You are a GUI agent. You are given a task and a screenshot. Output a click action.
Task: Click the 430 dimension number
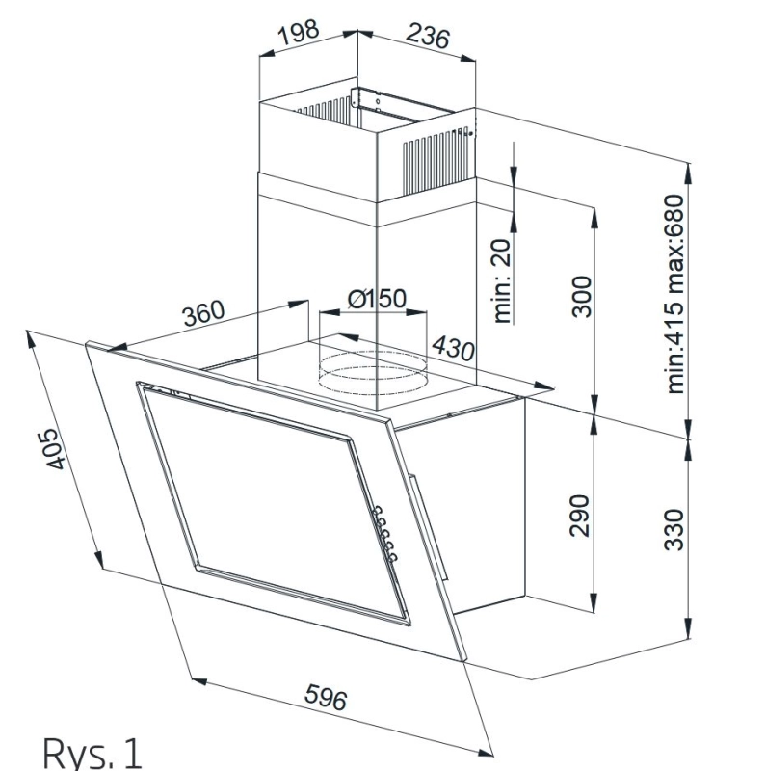click(452, 348)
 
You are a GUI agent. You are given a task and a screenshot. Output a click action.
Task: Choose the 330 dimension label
click(674, 529)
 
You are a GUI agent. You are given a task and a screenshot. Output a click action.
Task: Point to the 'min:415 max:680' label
click(674, 294)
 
